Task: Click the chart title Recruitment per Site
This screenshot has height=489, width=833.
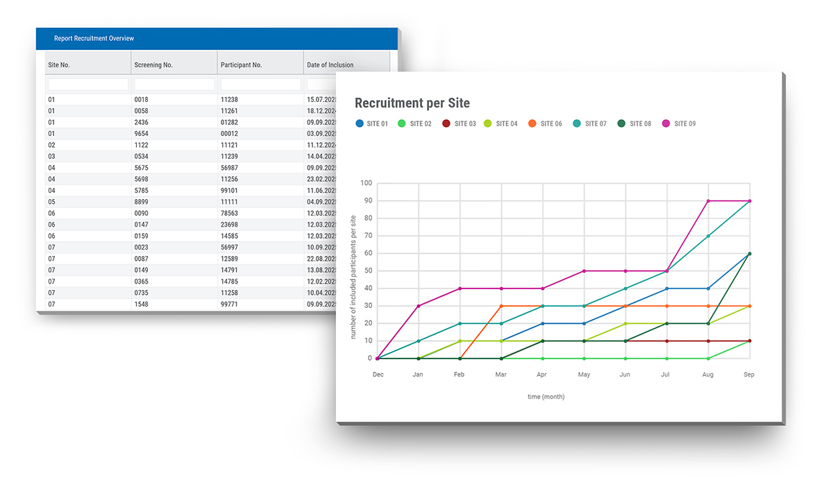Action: click(x=412, y=103)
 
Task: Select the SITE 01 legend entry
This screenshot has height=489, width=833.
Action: click(x=372, y=123)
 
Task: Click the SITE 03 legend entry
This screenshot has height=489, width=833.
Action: click(x=460, y=123)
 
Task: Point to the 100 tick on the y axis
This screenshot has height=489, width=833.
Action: click(x=366, y=183)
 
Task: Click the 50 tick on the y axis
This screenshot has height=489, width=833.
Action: click(x=367, y=271)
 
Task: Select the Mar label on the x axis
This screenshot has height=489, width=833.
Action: click(x=500, y=375)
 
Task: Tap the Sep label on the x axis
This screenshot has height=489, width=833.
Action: click(x=749, y=375)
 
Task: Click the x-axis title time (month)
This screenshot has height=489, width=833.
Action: click(x=546, y=397)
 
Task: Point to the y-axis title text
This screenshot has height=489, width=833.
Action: click(x=353, y=276)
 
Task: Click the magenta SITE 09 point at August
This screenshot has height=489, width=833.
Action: click(x=708, y=201)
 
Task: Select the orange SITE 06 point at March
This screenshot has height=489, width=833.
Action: click(x=501, y=306)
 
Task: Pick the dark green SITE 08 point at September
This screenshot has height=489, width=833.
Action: click(x=750, y=254)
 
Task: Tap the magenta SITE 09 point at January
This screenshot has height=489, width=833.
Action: click(x=419, y=306)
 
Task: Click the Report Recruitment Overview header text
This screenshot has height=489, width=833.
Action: click(x=94, y=38)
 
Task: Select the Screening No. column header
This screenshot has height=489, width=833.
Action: click(x=153, y=65)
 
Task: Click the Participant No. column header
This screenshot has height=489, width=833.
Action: click(x=241, y=65)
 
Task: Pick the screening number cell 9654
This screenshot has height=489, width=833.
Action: click(x=142, y=133)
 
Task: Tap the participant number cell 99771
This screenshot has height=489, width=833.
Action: click(x=229, y=304)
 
